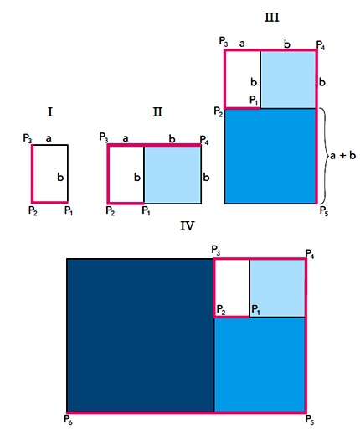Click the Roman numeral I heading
[x=50, y=112]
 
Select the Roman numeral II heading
[x=157, y=112]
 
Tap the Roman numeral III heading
[x=272, y=18]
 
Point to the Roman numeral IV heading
[x=187, y=226]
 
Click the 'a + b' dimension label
[x=342, y=155]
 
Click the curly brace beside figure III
[x=324, y=156]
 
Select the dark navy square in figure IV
[x=141, y=335]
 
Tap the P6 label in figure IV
[x=68, y=420]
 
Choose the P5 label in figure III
[x=324, y=211]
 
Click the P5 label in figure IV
[x=310, y=420]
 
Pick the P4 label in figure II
[x=203, y=140]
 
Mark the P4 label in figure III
[x=321, y=45]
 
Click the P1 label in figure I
[x=69, y=210]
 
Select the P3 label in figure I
[x=28, y=138]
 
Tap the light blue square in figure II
[x=172, y=174]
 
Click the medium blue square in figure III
[x=270, y=156]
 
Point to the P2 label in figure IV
[x=221, y=310]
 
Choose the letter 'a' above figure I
[x=49, y=138]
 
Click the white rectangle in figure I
[x=50, y=173]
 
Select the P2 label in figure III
[x=219, y=111]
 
